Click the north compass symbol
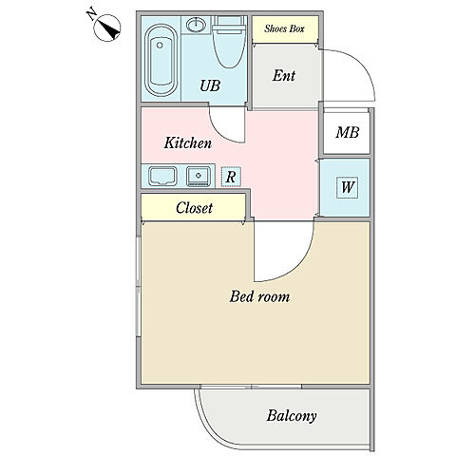[x=107, y=28]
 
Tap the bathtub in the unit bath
[x=161, y=60]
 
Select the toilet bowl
[x=230, y=42]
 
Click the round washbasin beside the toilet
[x=197, y=24]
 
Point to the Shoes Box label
[x=284, y=28]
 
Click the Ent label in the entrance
[x=284, y=76]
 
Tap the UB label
[x=210, y=85]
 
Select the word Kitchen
[x=188, y=142]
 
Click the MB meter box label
[x=348, y=132]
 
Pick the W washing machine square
[x=347, y=187]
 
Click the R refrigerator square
[x=231, y=177]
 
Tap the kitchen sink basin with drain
[x=199, y=176]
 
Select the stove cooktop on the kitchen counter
[x=162, y=176]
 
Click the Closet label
[x=194, y=208]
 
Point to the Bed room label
[x=259, y=297]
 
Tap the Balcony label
[x=292, y=415]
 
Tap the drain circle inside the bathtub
[x=160, y=46]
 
